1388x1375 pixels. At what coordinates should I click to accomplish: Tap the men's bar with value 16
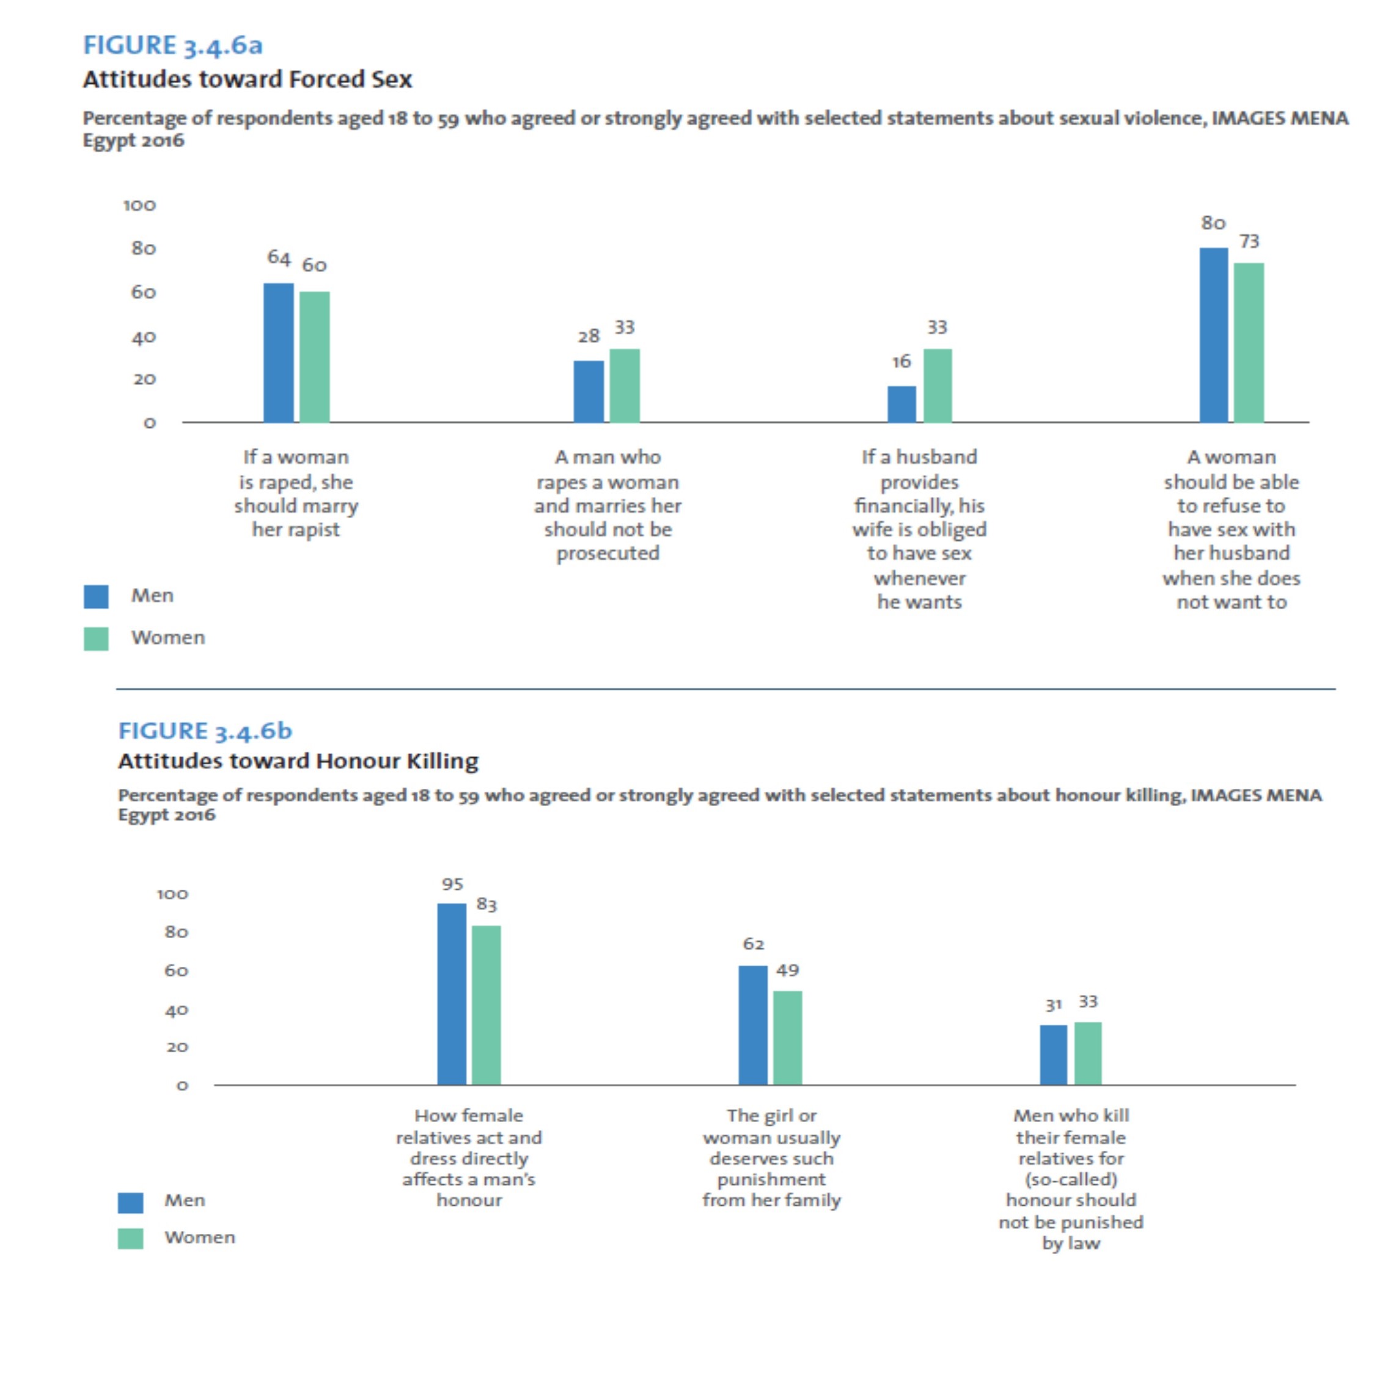tap(901, 404)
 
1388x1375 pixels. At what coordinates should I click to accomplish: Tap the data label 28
tap(589, 335)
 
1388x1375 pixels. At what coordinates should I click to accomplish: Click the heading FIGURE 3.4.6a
tap(172, 45)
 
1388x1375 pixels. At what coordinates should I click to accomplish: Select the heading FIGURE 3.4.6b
tap(205, 731)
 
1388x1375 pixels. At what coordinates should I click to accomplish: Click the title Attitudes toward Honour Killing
tap(298, 761)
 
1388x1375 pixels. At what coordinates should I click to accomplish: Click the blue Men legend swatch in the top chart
tap(95, 596)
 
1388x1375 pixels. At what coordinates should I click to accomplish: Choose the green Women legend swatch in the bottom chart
tap(130, 1239)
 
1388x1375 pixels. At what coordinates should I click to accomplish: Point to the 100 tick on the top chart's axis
tap(139, 205)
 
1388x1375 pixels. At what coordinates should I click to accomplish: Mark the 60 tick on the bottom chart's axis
tap(176, 970)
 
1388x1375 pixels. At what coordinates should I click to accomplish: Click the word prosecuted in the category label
tap(608, 553)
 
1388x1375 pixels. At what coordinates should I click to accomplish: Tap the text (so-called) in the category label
tap(1070, 1179)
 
